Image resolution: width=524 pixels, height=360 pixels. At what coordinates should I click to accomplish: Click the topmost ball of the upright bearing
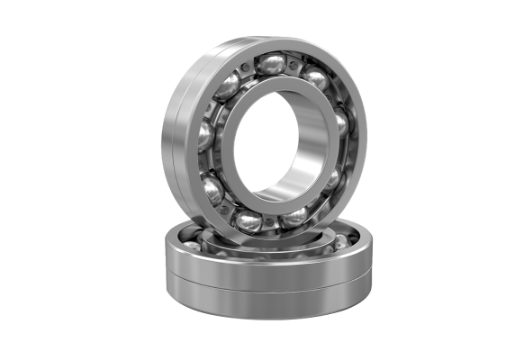click(x=271, y=64)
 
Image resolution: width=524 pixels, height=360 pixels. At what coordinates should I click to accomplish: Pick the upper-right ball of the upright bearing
click(x=315, y=79)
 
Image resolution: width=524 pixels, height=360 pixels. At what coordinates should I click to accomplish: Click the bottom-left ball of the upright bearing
click(x=213, y=188)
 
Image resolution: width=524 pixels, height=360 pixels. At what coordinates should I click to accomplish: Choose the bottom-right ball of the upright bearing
click(x=294, y=216)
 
